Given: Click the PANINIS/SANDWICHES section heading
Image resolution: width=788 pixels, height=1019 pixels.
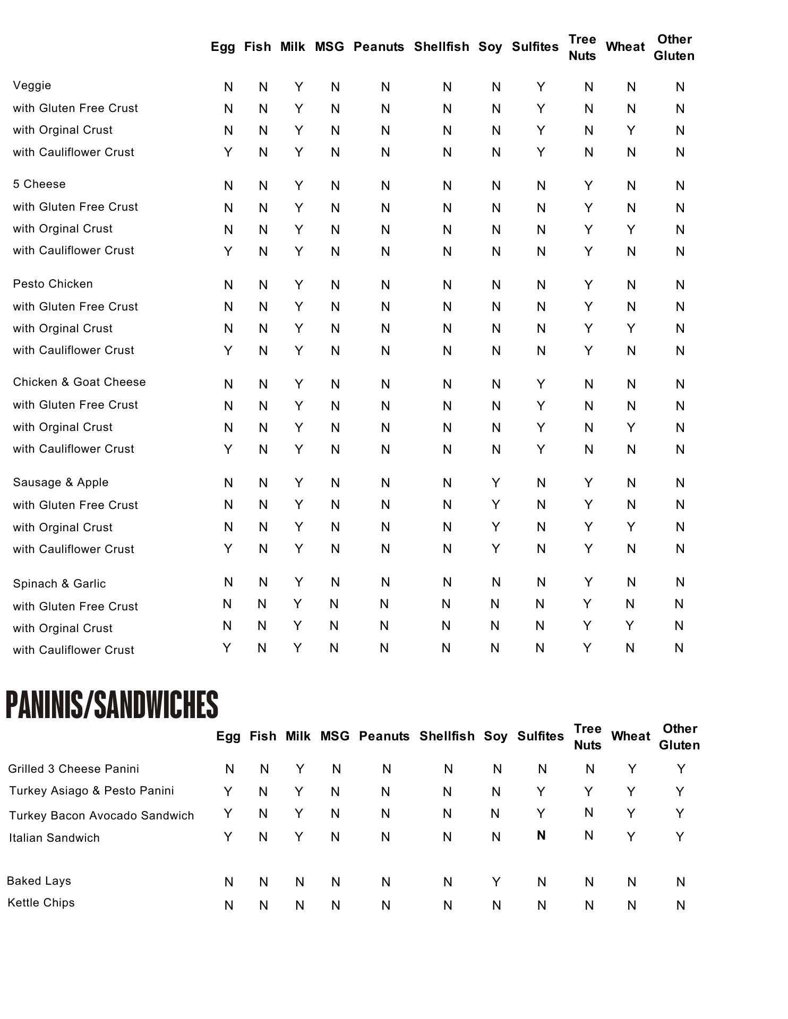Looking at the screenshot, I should coord(112,705).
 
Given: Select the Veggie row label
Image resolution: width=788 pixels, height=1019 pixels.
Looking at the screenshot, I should coord(32,85).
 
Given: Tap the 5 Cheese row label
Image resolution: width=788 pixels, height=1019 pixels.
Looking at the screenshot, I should coord(39,184).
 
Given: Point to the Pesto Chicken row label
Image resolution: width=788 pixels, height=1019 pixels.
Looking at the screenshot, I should coord(53,284).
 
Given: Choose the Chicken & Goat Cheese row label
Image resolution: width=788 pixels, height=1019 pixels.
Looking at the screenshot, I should coord(80,382).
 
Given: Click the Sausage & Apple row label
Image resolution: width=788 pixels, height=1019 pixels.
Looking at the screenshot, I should coord(61,482).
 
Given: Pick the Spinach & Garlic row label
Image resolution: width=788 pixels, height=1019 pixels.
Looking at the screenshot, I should coord(59,584).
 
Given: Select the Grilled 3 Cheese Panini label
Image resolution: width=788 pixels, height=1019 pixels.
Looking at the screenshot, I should coord(74,769).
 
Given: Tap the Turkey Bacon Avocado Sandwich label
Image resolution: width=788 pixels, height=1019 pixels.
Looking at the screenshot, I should coord(101,816).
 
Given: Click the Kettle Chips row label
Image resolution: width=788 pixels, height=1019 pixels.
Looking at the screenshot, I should coord(41,903).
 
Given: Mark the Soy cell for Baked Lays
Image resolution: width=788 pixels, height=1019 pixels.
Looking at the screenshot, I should coord(496,882).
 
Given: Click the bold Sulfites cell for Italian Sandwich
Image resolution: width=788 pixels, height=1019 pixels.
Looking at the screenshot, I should coord(541,835).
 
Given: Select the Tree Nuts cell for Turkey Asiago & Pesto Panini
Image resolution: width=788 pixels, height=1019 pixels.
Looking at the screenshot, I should coord(588,792).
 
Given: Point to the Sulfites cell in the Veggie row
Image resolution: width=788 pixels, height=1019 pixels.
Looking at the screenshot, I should coord(541,87).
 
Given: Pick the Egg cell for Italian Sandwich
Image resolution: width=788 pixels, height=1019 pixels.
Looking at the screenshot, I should coord(228,837).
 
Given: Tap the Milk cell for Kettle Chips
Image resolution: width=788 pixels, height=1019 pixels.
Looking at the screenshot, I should coord(299,905).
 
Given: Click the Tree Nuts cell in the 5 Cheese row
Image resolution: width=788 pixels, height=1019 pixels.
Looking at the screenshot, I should coord(588,186).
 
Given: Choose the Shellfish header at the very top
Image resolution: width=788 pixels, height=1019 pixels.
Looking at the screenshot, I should coord(442,47).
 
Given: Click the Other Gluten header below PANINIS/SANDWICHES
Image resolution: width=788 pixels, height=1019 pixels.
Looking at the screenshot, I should coord(680,737).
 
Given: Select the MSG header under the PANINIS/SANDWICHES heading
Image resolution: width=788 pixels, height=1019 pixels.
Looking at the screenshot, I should coord(335,736).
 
